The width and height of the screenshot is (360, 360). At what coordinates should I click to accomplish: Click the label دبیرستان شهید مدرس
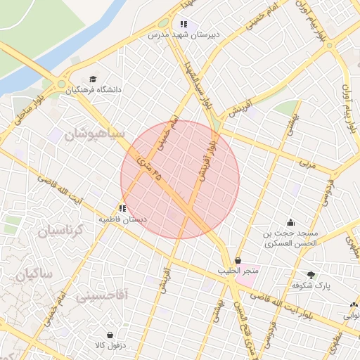click(184, 34)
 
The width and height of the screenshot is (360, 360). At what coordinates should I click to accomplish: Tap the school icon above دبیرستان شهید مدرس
click(184, 24)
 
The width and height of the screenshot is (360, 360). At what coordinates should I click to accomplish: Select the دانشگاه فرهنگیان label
click(94, 89)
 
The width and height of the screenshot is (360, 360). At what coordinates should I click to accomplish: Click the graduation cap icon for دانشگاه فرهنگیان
click(94, 79)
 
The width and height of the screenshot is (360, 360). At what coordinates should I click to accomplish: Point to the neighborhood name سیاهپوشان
click(94, 134)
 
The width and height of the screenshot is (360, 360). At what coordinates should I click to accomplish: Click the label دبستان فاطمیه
click(123, 219)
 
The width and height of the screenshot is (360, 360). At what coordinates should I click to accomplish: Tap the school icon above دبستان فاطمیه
click(123, 208)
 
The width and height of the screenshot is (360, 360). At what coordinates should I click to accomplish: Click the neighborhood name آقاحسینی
click(103, 295)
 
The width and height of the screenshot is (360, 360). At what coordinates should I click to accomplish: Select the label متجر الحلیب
click(238, 271)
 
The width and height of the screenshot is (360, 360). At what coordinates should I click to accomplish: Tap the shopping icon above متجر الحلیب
click(238, 260)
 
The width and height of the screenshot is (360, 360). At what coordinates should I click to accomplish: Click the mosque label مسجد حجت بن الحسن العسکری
click(290, 238)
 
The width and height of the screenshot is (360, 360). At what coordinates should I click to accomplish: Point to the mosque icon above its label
click(290, 222)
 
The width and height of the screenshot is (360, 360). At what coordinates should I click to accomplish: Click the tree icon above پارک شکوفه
click(311, 275)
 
